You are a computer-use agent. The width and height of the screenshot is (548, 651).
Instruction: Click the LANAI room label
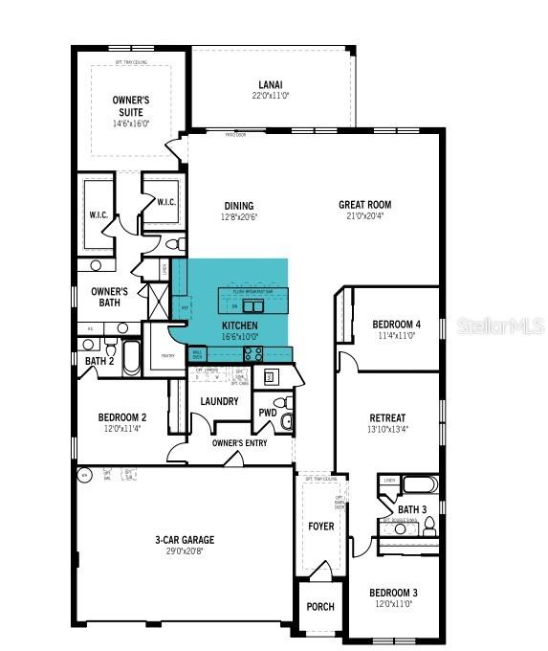(x=270, y=83)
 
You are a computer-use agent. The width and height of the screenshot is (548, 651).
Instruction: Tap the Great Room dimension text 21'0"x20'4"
(x=364, y=215)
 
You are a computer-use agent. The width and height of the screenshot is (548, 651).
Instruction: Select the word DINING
(x=239, y=205)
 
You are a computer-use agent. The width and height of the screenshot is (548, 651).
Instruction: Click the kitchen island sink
(x=252, y=306)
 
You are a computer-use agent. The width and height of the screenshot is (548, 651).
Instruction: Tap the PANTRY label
(x=168, y=355)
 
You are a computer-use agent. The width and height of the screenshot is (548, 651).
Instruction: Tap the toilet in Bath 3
(x=429, y=524)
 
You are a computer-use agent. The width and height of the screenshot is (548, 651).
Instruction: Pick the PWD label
(x=267, y=413)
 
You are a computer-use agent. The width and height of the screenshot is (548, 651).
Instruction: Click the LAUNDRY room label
(x=220, y=401)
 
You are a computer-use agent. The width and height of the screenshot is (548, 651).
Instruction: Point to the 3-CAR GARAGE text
(x=185, y=540)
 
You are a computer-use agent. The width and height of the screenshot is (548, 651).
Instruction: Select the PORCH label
(x=319, y=607)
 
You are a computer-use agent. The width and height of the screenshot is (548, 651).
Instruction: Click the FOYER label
(x=319, y=526)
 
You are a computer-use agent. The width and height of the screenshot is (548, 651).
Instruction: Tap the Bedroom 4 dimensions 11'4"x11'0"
(x=395, y=336)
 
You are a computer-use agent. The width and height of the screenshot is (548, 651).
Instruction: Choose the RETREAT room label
(x=387, y=417)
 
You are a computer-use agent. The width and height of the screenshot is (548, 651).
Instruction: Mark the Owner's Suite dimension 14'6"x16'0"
(x=131, y=123)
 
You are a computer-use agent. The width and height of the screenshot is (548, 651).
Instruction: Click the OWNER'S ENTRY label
(x=239, y=443)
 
